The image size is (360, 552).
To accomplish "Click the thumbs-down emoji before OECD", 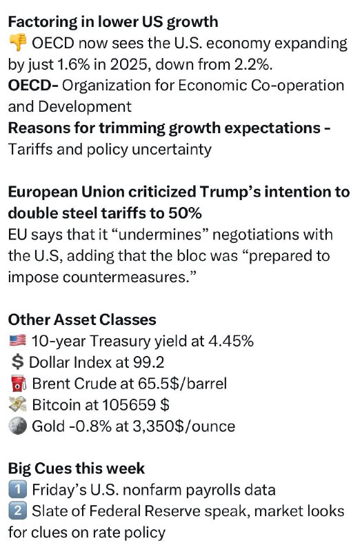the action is (18, 43).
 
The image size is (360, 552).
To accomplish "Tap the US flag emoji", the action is (18, 340).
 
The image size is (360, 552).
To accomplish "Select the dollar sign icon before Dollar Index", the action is (17, 362).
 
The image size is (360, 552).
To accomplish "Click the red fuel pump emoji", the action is (18, 384).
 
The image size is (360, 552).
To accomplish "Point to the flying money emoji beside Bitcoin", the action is (18, 404).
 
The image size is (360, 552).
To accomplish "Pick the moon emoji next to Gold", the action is (18, 426).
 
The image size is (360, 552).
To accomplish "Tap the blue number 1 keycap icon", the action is (18, 490).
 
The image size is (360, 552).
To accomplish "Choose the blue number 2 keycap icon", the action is (18, 511).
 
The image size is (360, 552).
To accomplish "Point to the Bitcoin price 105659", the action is (129, 405).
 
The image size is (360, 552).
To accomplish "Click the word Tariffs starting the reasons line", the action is (30, 149).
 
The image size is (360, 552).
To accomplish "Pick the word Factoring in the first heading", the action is (42, 22).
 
